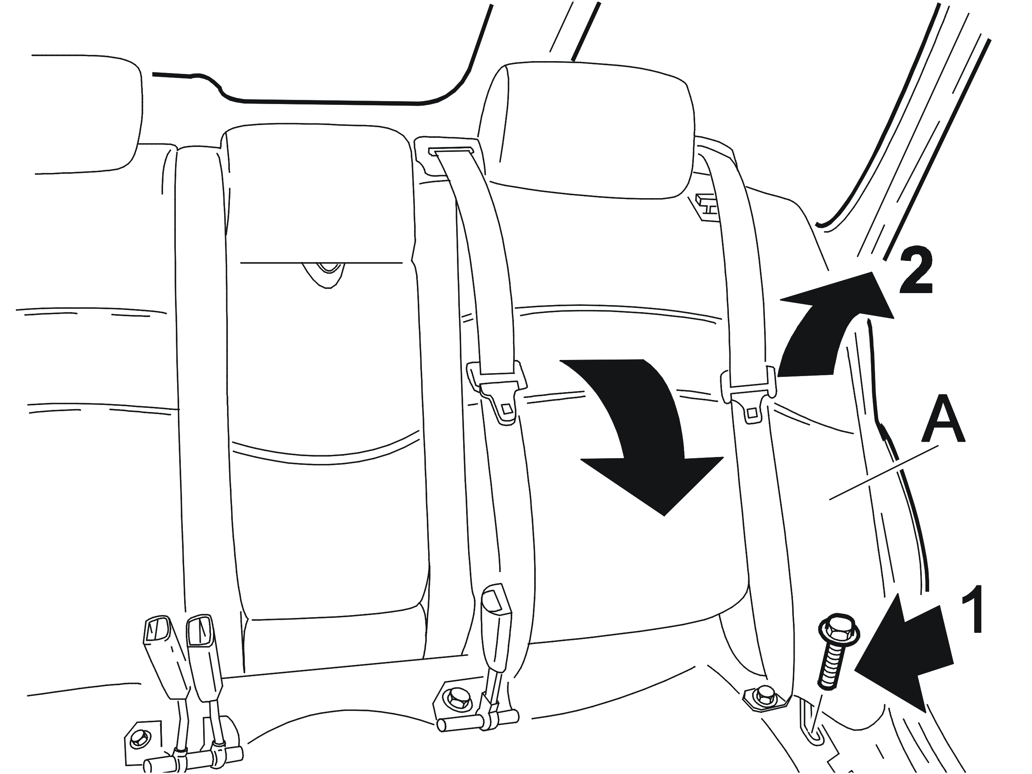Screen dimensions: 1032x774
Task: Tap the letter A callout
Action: click(x=943, y=419)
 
